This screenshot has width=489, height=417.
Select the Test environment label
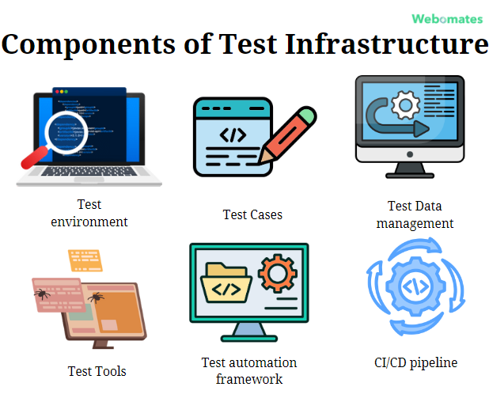[89, 213]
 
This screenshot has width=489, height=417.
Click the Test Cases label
[252, 214]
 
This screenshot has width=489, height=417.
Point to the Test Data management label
[415, 214]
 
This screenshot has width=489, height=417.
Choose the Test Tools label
[97, 370]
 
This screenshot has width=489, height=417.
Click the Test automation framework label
[249, 370]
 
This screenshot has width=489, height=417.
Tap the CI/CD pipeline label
[415, 362]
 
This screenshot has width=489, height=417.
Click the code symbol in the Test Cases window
[233, 135]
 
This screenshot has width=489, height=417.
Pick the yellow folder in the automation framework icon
[226, 285]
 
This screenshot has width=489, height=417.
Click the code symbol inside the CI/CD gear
[415, 287]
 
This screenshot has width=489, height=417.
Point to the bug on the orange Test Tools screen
[96, 298]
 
